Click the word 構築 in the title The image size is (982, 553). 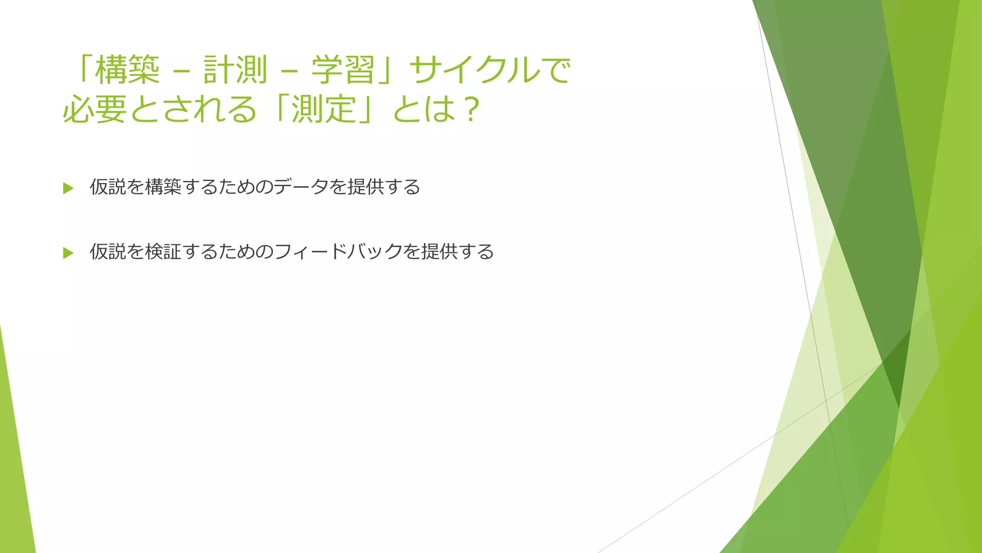tap(127, 70)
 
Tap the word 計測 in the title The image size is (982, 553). tap(235, 70)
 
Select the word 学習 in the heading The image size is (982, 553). tap(343, 70)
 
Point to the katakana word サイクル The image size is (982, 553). tap(475, 70)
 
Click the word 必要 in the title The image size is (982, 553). tap(94, 109)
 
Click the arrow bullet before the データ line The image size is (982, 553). tap(68, 188)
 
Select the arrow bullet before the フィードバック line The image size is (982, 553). tap(68, 253)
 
